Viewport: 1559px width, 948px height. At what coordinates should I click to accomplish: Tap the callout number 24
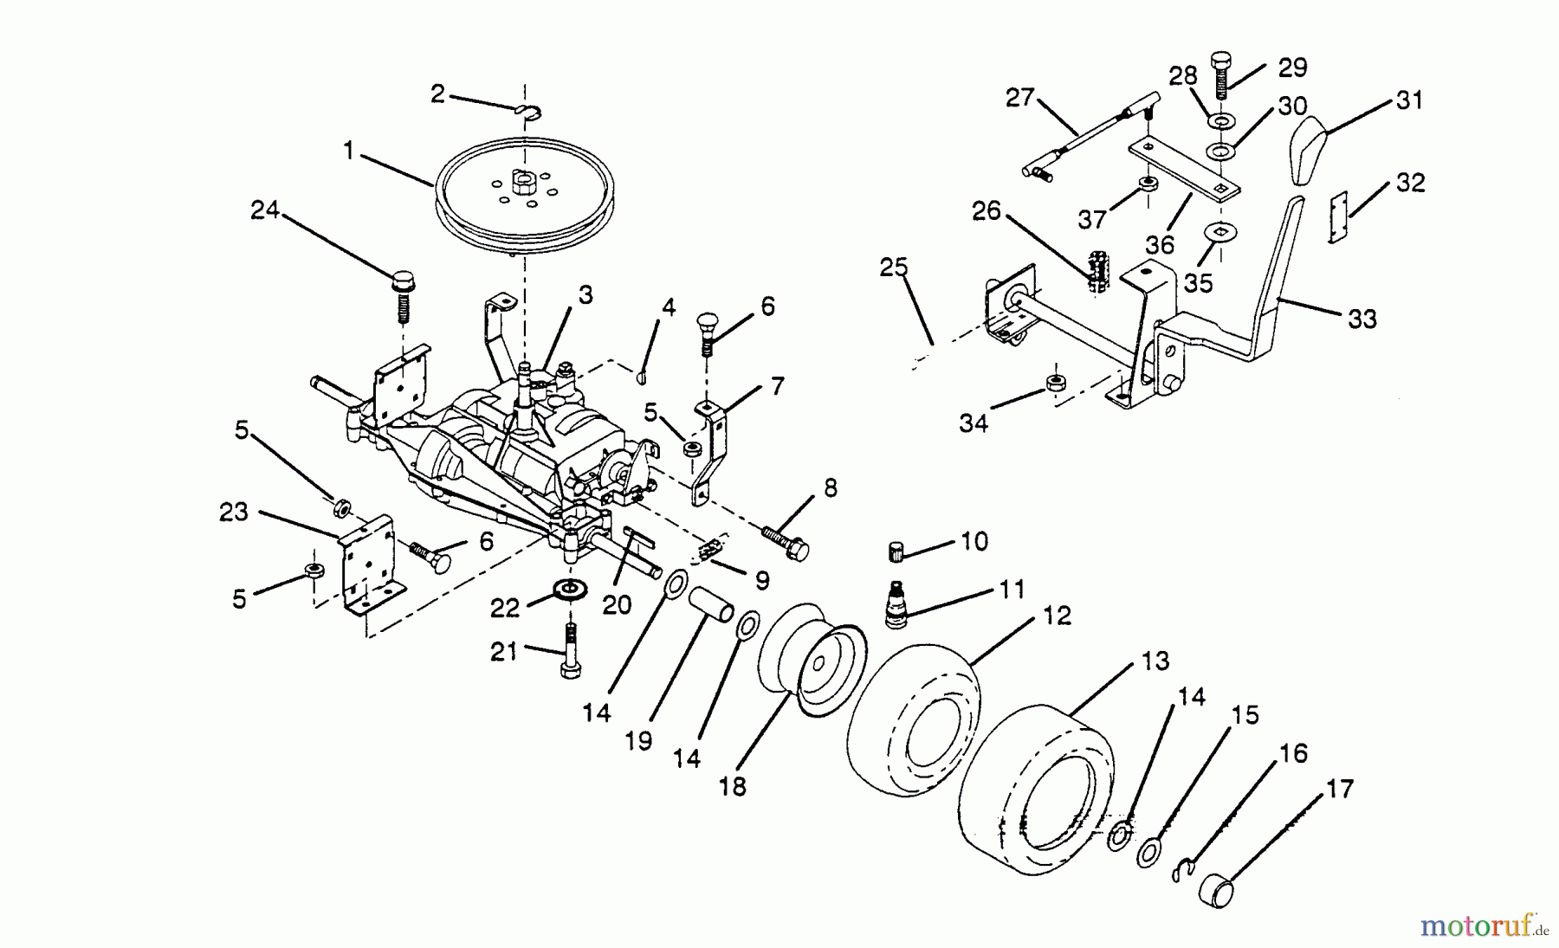265,210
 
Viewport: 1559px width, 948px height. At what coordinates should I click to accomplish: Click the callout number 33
1362,319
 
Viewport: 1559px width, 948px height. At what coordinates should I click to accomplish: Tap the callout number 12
1057,616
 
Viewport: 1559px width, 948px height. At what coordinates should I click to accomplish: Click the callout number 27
1019,97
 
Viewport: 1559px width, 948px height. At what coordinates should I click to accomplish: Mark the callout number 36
1160,245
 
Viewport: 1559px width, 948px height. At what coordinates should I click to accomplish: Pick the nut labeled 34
1054,383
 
